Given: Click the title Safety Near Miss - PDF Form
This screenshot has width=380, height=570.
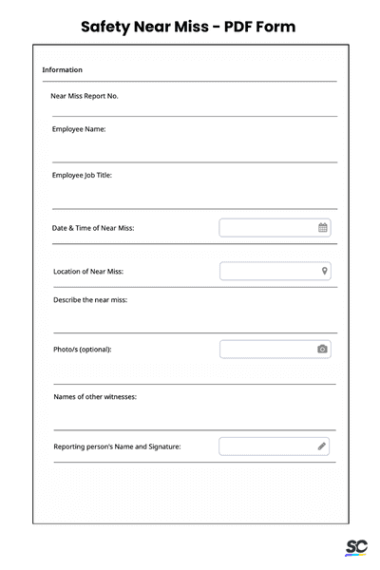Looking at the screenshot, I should click(188, 27).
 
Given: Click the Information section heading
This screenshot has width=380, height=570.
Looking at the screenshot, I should click(63, 70).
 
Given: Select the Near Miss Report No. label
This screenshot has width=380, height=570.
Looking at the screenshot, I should click(85, 96).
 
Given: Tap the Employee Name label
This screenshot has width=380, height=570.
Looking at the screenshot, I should click(79, 128).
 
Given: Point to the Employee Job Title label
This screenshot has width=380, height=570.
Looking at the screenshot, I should click(82, 175).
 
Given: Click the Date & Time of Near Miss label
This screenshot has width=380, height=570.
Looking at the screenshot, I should click(93, 228).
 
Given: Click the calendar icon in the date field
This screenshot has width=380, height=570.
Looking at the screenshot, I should click(323, 228).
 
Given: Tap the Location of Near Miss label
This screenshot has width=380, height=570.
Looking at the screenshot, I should click(88, 272).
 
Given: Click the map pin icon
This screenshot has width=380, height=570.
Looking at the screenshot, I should click(324, 272).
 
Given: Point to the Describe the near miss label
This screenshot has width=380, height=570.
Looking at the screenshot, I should click(90, 300).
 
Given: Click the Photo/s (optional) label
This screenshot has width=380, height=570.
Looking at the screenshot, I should click(83, 350).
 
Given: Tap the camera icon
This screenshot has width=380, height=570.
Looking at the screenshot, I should click(323, 350).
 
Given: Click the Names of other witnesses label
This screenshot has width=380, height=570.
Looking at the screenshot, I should click(95, 397).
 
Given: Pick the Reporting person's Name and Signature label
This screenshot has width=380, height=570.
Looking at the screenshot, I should click(117, 446).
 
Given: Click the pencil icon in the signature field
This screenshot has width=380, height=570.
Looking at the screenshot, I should click(322, 446).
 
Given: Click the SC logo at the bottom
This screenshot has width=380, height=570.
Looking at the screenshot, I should click(356, 548).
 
